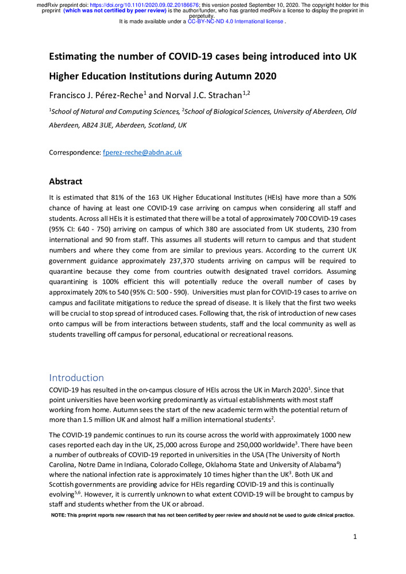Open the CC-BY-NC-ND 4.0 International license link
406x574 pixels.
tap(235, 22)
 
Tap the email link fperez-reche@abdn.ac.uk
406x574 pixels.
tap(142, 153)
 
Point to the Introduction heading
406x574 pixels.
tap(76, 377)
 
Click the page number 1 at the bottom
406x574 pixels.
tap(356, 536)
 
